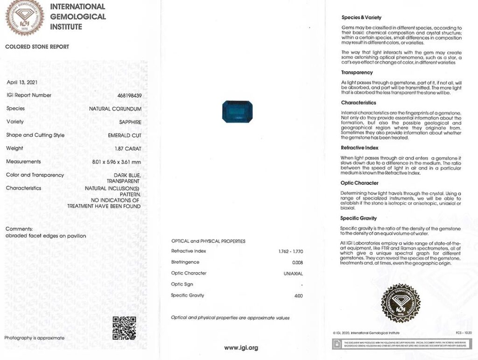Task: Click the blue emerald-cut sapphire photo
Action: (x=237, y=112)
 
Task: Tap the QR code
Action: (x=124, y=328)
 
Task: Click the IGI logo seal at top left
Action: (x=24, y=17)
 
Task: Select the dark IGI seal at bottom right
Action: (x=401, y=304)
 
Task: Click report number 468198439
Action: (x=129, y=95)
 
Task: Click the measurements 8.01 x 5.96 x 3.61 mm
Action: (x=117, y=162)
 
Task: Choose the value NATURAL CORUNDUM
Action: (x=115, y=109)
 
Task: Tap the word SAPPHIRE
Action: (x=130, y=122)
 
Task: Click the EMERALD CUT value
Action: (x=125, y=135)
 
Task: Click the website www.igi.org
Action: (x=241, y=348)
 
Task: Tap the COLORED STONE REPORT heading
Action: (x=37, y=47)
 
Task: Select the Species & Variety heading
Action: (x=361, y=18)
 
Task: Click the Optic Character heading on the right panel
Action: (x=359, y=183)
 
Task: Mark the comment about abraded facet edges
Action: (x=46, y=236)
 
